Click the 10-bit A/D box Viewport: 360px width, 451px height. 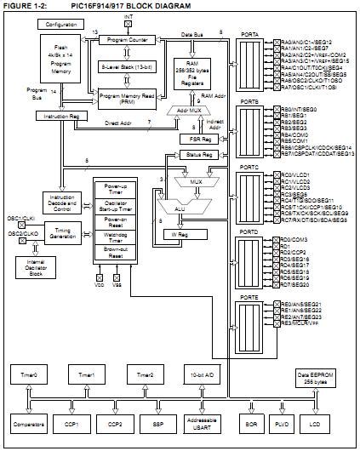pos(201,374)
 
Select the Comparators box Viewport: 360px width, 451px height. pos(28,423)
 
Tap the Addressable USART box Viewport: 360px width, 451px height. pos(201,423)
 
